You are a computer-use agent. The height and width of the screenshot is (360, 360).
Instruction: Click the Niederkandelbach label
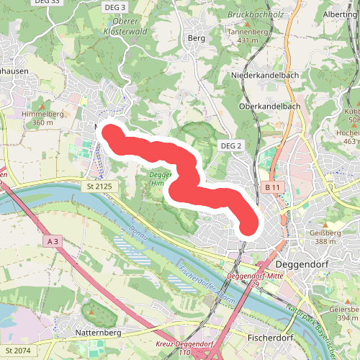click(265, 76)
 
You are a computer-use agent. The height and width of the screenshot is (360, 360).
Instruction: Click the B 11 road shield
click(271, 187)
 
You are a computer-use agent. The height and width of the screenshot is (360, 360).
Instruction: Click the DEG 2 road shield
click(230, 145)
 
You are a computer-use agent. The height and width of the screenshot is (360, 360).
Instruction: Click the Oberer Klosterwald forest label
click(125, 27)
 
